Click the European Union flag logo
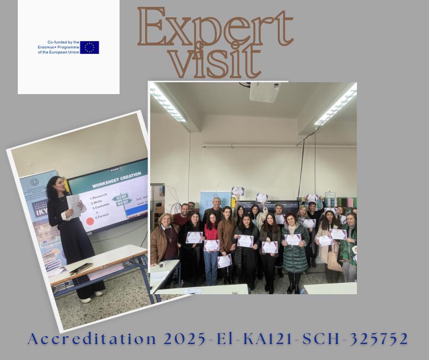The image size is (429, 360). [x=89, y=48]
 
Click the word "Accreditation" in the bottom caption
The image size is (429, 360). [x=87, y=339]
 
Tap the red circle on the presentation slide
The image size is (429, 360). [x=90, y=222]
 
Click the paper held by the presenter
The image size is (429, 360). [x=74, y=205]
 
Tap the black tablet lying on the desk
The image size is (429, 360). [x=81, y=268]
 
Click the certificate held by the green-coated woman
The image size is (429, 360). [x=293, y=239]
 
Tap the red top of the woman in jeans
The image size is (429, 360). [x=210, y=233]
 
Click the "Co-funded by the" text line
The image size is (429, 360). [x=59, y=42]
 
